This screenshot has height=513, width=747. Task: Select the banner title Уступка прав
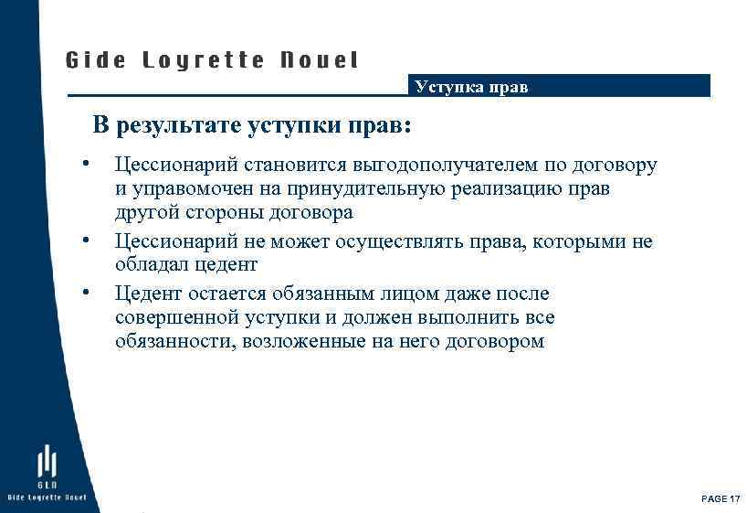471,88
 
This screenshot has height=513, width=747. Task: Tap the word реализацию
498,189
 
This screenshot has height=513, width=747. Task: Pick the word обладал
150,265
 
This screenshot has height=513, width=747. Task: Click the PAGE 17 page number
721,498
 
